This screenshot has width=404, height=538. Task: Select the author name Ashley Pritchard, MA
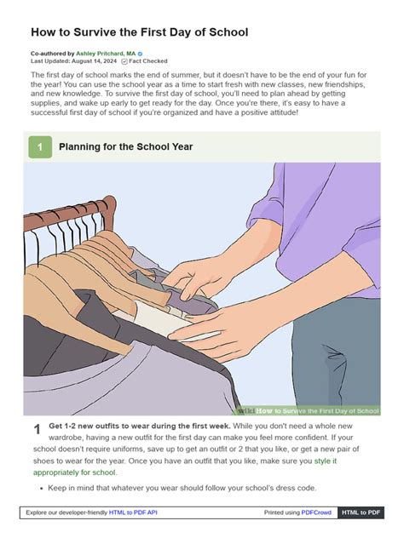(106, 54)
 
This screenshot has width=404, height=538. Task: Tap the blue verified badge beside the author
(140, 54)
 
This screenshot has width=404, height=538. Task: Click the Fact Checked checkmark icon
(124, 61)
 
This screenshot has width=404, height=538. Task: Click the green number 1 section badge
(40, 147)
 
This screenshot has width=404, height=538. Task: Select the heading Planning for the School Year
(126, 147)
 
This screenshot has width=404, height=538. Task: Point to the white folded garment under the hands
(161, 321)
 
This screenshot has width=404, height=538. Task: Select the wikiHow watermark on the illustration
(309, 410)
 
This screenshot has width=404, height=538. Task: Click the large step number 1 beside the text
(38, 430)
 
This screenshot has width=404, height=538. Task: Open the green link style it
(326, 461)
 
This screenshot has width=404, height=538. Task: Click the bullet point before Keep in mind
(42, 489)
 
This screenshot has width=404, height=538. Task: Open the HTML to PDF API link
(133, 512)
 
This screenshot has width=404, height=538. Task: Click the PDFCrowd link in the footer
(316, 512)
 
